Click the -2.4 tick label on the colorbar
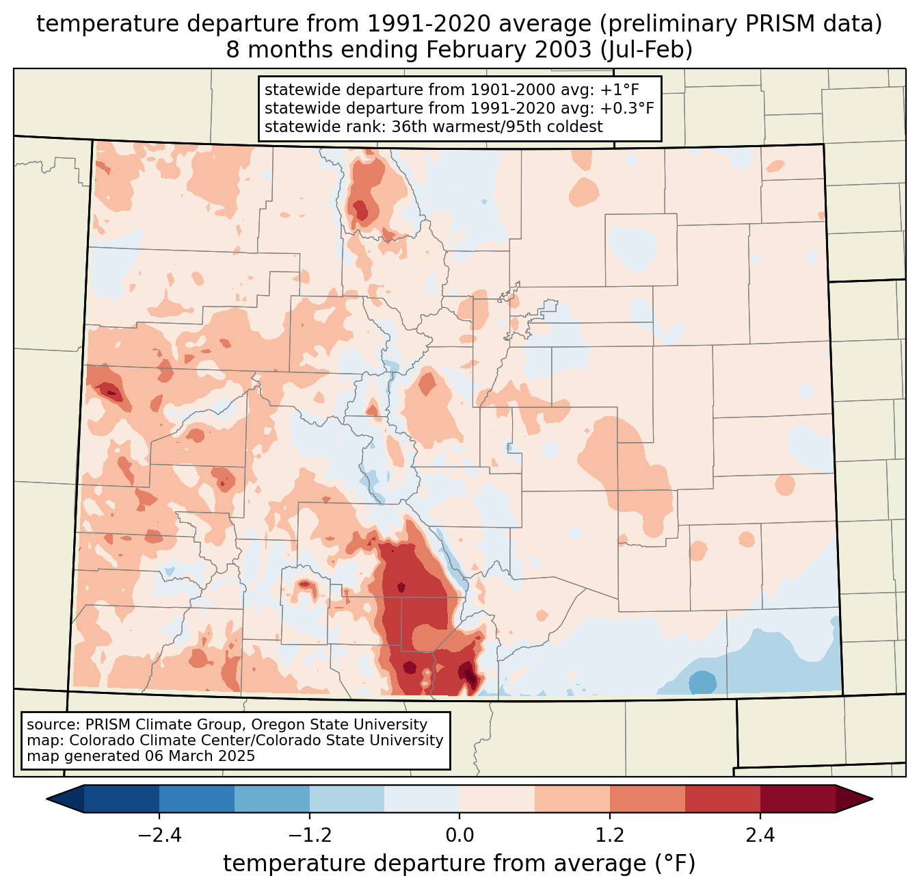[x=159, y=836]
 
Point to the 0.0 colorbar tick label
[x=459, y=836]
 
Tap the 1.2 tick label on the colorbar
[x=609, y=836]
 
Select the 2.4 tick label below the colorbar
[x=760, y=836]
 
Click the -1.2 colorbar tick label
[x=310, y=836]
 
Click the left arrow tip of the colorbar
[x=49, y=799]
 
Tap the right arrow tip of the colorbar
[x=870, y=799]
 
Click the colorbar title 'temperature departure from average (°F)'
[x=459, y=864]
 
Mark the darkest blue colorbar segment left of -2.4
[x=122, y=799]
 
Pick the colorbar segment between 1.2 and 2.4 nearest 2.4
[x=722, y=799]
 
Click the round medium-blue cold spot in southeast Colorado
[x=702, y=683]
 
